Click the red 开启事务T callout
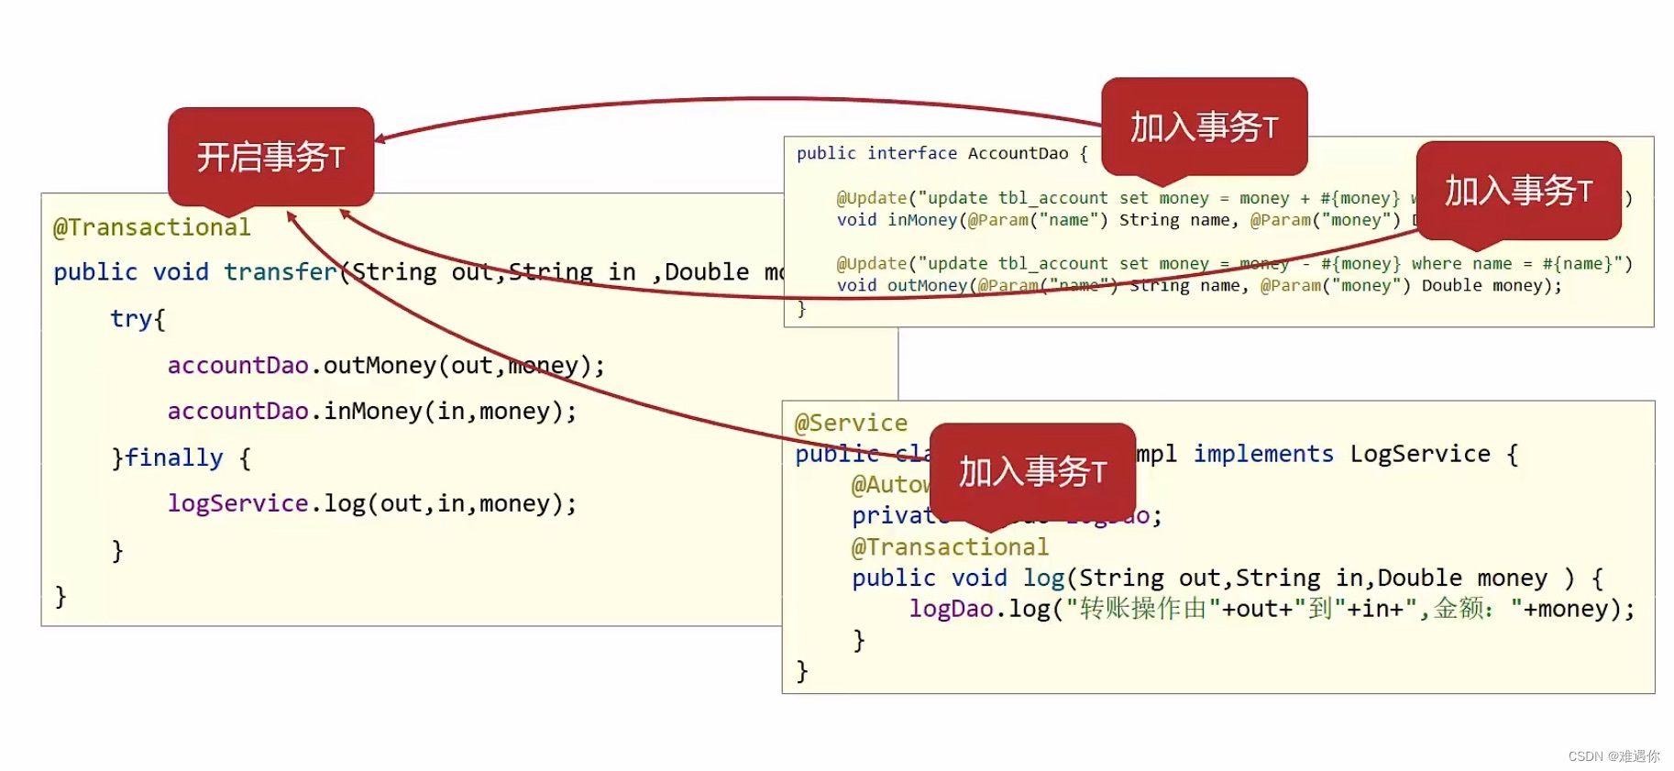point(270,157)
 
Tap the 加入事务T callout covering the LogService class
point(1032,471)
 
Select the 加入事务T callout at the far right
point(1518,191)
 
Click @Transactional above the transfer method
point(151,227)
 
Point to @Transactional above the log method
point(950,547)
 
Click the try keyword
point(131,319)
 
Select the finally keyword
point(173,457)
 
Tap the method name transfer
point(281,272)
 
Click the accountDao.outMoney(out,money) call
point(385,366)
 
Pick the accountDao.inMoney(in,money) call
point(371,412)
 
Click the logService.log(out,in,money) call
point(371,503)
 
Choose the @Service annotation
point(851,424)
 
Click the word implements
point(1262,454)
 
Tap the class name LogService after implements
point(1419,454)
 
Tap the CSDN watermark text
point(1613,756)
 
